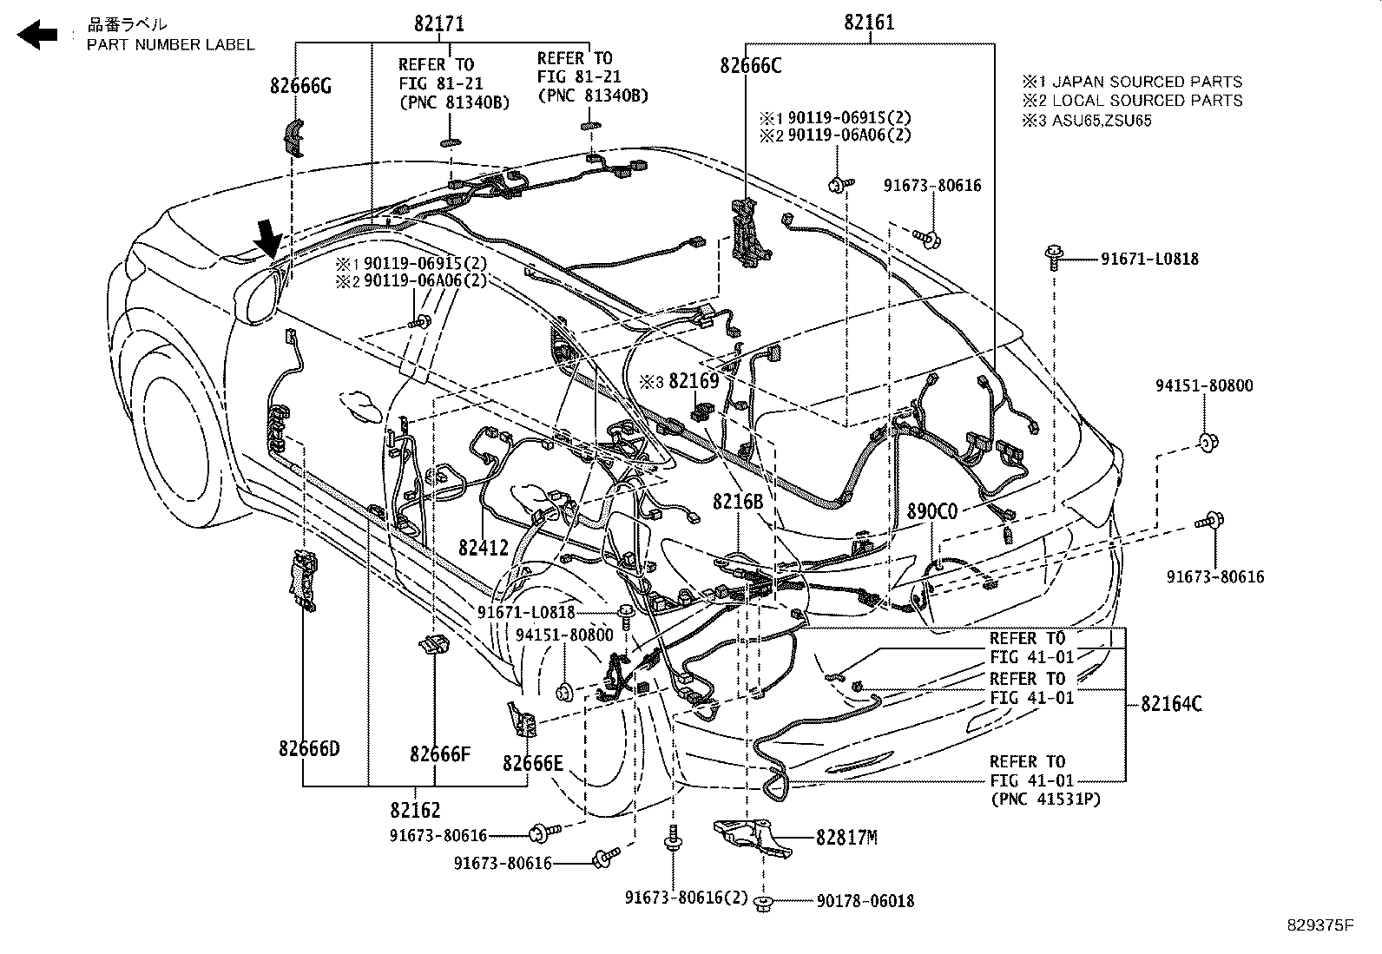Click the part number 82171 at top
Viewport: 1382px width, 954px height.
pyautogui.click(x=438, y=23)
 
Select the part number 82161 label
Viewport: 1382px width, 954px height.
pyautogui.click(x=869, y=23)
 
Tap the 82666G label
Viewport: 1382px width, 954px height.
pyautogui.click(x=300, y=86)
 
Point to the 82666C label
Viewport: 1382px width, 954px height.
pyautogui.click(x=750, y=65)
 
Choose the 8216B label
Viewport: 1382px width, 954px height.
pyautogui.click(x=738, y=502)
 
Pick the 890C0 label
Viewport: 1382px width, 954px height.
pyautogui.click(x=931, y=511)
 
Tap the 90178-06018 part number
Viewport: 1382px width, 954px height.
pyautogui.click(x=865, y=902)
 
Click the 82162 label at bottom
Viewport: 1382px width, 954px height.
pyautogui.click(x=415, y=810)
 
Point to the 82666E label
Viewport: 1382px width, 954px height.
pyautogui.click(x=533, y=764)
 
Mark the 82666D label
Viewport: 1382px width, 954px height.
pyautogui.click(x=309, y=747)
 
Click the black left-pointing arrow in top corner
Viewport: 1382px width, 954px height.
pyautogui.click(x=37, y=35)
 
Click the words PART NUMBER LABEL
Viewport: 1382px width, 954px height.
pyautogui.click(x=170, y=44)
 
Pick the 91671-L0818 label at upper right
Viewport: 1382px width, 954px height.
pyautogui.click(x=1149, y=259)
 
